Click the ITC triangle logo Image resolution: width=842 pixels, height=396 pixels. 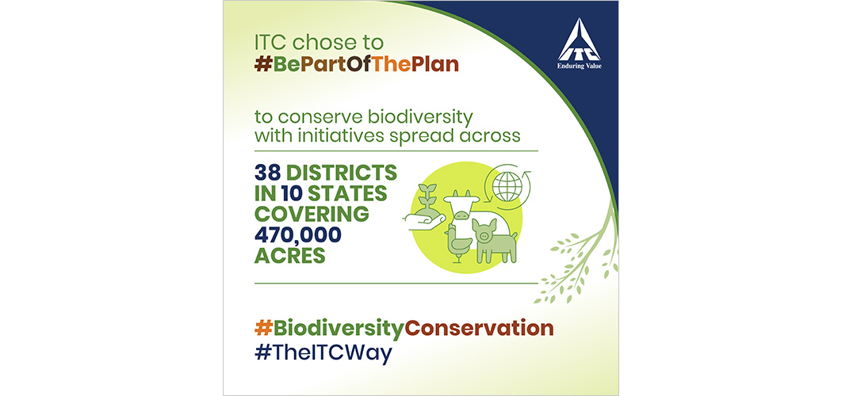pyautogui.click(x=579, y=40)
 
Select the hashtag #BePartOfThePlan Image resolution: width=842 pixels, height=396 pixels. pyautogui.click(x=357, y=64)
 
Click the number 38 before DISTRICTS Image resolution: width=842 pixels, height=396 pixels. pyautogui.click(x=267, y=173)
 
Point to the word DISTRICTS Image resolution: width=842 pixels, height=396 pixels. pyautogui.click(x=342, y=173)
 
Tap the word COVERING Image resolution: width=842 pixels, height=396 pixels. pyautogui.click(x=312, y=214)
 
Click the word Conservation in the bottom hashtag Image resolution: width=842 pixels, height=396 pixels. pyautogui.click(x=478, y=329)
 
